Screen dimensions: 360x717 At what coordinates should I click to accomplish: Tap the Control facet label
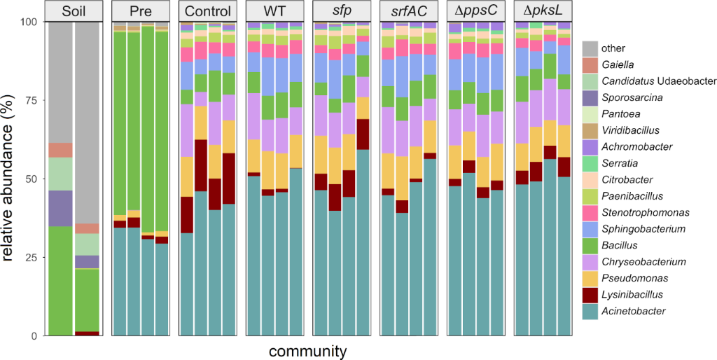coord(209,11)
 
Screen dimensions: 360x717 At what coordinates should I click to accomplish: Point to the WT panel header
coord(276,11)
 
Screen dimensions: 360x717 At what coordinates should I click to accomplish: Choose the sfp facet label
coord(343,11)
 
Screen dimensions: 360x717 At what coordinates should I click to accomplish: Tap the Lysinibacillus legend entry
coord(631,296)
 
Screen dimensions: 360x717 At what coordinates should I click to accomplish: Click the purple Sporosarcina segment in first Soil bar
coord(61,208)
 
